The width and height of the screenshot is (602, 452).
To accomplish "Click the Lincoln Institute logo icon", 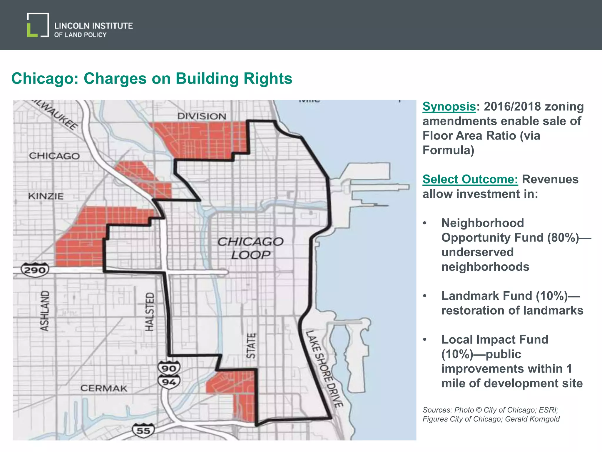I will coord(38,25).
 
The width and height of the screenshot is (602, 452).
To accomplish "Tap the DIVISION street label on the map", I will coord(202,116).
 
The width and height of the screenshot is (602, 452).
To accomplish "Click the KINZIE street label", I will coord(46,196).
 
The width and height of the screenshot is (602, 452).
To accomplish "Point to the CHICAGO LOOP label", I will coord(250,248).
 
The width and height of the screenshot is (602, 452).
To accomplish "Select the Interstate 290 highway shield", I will coord(35,270).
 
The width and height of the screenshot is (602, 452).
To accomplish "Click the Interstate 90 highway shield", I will coord(169,368).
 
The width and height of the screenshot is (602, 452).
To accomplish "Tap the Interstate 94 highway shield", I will coord(169,382).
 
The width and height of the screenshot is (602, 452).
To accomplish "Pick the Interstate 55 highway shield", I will coord(143,431).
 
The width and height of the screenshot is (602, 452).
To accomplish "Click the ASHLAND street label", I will coord(44,310).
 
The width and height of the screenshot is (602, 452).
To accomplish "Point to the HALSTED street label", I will coord(150,311).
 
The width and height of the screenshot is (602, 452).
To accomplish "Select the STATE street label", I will coord(251,346).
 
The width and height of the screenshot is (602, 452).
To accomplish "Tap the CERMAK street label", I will coord(104,388).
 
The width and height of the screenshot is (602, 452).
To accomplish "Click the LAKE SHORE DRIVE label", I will coord(324,369).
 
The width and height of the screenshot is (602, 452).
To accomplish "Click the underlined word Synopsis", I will coord(449,107).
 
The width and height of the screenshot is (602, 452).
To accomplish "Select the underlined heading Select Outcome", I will coord(470,179).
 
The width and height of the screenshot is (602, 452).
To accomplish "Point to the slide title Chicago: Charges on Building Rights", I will coord(152,79).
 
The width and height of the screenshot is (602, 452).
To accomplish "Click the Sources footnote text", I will coord(491,414).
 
